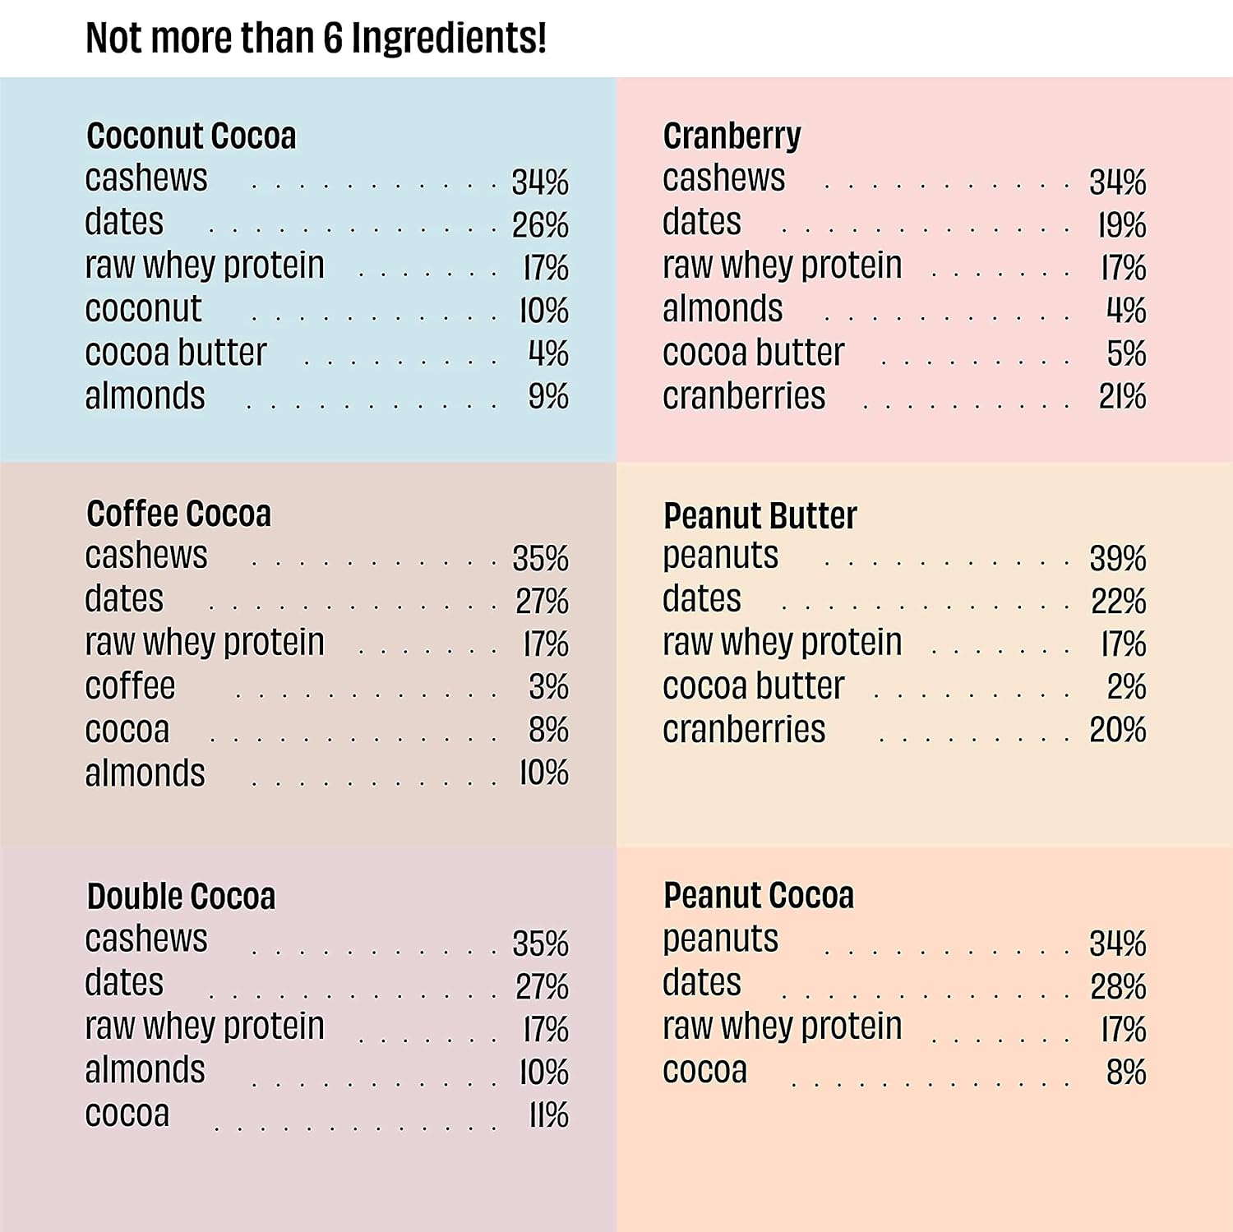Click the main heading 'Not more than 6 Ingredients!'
(x=316, y=38)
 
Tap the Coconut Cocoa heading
(x=191, y=136)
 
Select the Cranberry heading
(x=732, y=136)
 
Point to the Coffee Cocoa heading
(x=178, y=514)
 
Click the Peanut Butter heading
(x=760, y=515)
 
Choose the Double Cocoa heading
(x=181, y=896)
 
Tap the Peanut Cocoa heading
(x=758, y=895)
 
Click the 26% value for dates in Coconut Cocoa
(x=540, y=225)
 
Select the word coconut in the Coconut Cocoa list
(x=143, y=309)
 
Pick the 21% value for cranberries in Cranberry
(x=1122, y=396)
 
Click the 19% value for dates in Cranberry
(x=1122, y=225)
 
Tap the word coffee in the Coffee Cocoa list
(x=130, y=685)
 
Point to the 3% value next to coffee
(x=548, y=687)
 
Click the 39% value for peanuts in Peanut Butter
(x=1117, y=559)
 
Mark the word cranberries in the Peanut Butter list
(x=743, y=730)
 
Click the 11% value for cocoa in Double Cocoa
(x=548, y=1115)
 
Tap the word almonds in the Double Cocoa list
(x=145, y=1070)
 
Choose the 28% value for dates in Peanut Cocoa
(x=1117, y=986)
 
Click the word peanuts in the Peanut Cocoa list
(x=720, y=939)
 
